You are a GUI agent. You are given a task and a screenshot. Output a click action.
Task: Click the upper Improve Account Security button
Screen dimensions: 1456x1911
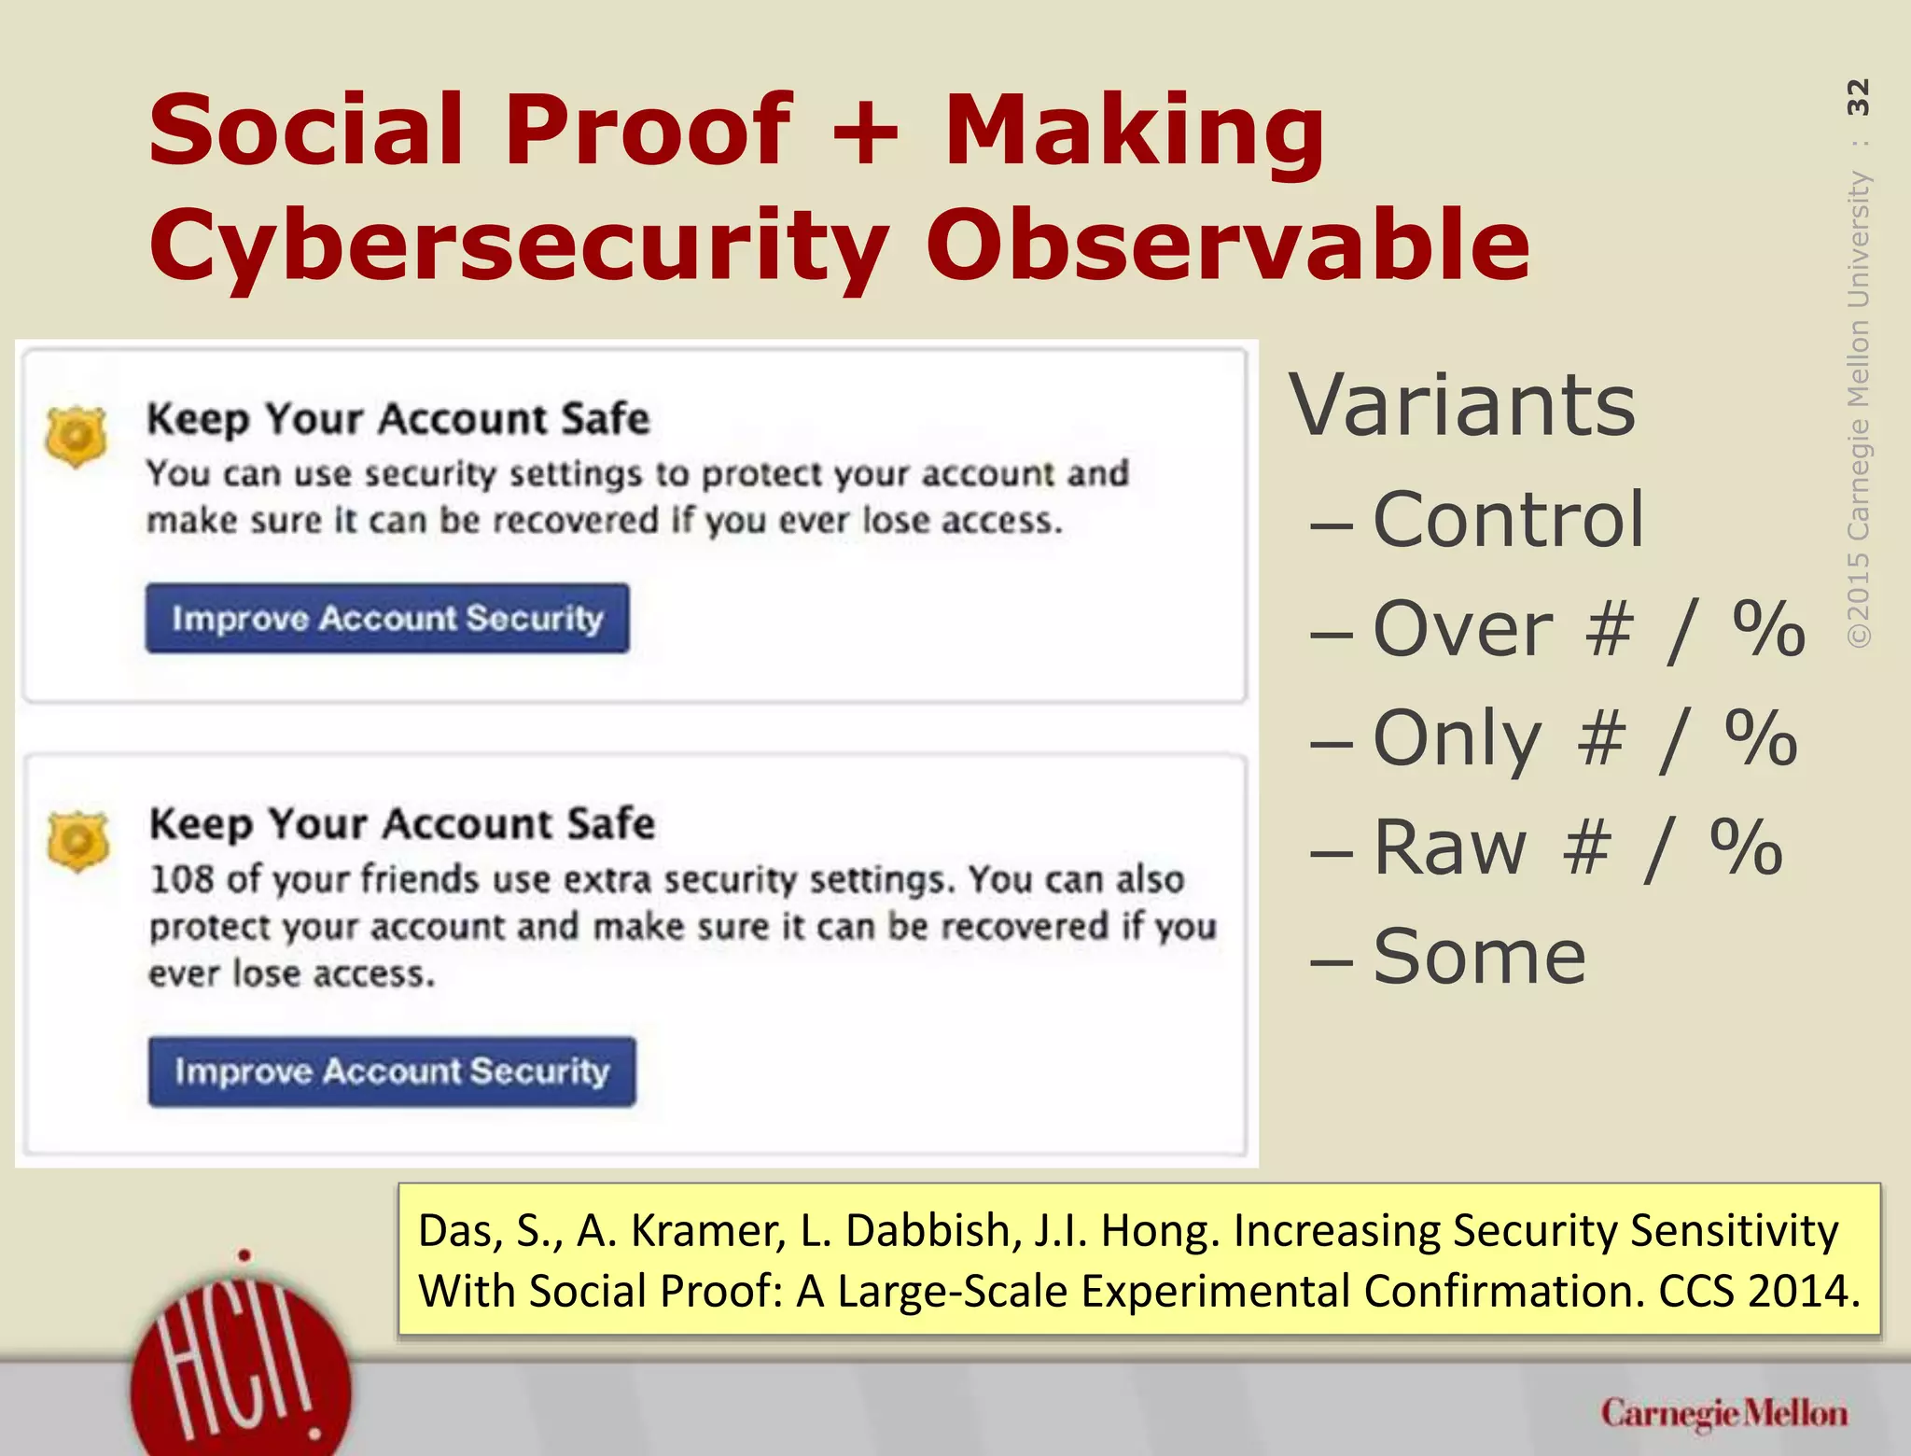[386, 618]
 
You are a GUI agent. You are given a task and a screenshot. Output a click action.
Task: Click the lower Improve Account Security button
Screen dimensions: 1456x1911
[392, 1071]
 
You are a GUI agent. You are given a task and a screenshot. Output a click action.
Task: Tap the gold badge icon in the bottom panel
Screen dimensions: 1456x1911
[78, 840]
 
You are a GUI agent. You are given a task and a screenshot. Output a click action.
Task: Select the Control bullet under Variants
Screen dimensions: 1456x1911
[1507, 520]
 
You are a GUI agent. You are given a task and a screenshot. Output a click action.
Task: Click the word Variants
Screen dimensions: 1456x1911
[1462, 406]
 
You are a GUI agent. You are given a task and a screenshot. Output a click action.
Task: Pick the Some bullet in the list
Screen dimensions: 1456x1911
[1479, 957]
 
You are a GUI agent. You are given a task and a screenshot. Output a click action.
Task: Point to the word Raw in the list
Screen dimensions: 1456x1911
[1450, 847]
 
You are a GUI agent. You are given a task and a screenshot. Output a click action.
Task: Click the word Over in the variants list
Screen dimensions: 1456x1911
[1462, 629]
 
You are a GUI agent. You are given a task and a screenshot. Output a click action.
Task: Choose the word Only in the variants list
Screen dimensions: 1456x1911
[1457, 738]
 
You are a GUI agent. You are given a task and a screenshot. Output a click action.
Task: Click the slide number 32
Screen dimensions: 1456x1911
[1858, 97]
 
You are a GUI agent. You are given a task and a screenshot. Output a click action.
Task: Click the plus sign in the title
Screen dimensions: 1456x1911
[866, 133]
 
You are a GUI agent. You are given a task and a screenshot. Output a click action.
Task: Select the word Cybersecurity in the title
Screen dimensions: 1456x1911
[519, 245]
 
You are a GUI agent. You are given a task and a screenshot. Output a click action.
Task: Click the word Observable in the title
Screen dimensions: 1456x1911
[1227, 245]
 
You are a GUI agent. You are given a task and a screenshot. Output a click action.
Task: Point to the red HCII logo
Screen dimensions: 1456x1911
[241, 1372]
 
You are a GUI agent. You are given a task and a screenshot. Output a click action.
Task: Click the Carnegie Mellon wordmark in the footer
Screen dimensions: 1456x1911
[1723, 1414]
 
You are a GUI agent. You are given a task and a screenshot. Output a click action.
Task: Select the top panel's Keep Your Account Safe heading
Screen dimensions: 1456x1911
[398, 419]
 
